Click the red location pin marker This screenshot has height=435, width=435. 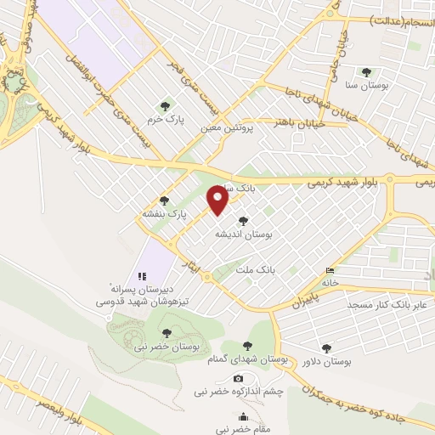pos(218,200)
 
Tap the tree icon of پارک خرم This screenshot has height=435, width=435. pos(166,106)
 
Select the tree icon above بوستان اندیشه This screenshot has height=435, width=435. pos(255,221)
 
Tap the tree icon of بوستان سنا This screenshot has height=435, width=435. pos(367,73)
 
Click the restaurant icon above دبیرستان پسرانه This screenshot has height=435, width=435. pos(142,277)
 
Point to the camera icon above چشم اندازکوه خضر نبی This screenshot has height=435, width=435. pos(238,378)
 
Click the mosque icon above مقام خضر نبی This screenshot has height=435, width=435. pos(244,416)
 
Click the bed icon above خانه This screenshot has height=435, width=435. pos(330,271)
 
